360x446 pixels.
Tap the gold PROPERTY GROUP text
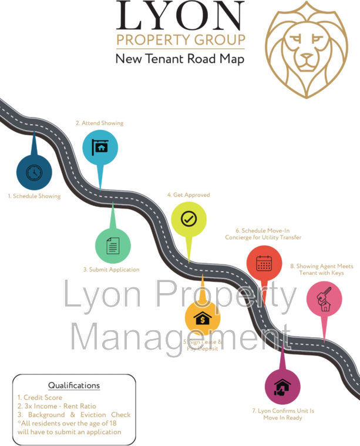pos(180,40)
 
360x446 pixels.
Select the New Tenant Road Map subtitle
pos(180,59)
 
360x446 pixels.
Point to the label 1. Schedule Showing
pos(34,196)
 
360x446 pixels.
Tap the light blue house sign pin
pos(100,147)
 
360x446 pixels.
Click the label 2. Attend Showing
pos(99,123)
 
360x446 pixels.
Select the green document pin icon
pos(113,246)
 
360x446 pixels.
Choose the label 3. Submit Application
pos(111,269)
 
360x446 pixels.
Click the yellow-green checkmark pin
pos(189,219)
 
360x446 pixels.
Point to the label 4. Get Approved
pos(189,195)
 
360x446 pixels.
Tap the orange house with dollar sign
pos(203,318)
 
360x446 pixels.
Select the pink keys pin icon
pos(324,299)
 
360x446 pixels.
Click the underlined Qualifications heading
pos(74,385)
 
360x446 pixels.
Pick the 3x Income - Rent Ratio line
pos(56,406)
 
